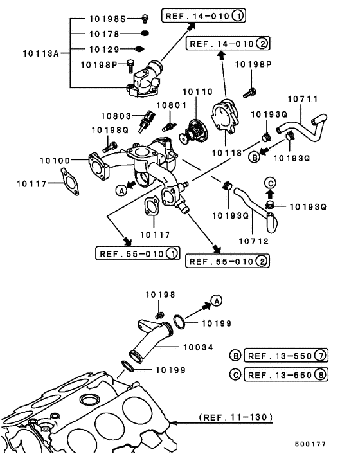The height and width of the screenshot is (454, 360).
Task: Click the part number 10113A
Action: [x=40, y=53]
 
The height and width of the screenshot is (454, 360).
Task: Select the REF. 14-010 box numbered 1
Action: [x=203, y=15]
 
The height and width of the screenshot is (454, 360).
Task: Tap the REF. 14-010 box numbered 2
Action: [x=228, y=44]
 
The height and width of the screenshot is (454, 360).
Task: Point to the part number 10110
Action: [x=197, y=92]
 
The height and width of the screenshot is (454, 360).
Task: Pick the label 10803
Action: [x=116, y=116]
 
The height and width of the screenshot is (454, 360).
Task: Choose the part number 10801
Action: [x=172, y=105]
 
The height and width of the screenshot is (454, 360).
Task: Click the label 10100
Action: [x=55, y=161]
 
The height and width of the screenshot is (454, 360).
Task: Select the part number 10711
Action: [x=303, y=99]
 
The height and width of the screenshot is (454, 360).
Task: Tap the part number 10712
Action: [x=254, y=241]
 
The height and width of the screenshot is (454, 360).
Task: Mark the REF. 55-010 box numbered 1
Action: [x=138, y=253]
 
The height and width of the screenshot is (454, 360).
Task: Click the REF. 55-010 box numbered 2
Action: [x=228, y=261]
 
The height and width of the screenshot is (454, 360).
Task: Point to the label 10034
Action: [x=198, y=347]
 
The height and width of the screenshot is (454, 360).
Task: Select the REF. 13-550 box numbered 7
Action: [x=286, y=355]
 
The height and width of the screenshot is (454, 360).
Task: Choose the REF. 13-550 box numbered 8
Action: [x=286, y=375]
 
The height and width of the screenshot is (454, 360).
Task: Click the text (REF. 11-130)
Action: [x=236, y=417]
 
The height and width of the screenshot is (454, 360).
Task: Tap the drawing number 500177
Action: [x=310, y=444]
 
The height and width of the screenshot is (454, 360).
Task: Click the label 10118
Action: [x=227, y=153]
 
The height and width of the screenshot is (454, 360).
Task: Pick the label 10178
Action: [x=104, y=34]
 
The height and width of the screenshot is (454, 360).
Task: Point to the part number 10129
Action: [x=104, y=50]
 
